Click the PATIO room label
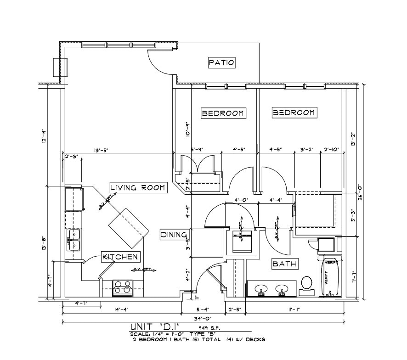pos(221,62)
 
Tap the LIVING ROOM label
pos(138,187)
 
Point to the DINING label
pos(174,235)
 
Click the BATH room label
pos(285,264)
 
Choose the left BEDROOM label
pos(223,113)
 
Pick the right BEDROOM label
pos(294,112)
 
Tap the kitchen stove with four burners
pos(122,287)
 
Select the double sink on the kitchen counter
pos(73,240)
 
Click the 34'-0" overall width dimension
pos(202,318)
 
